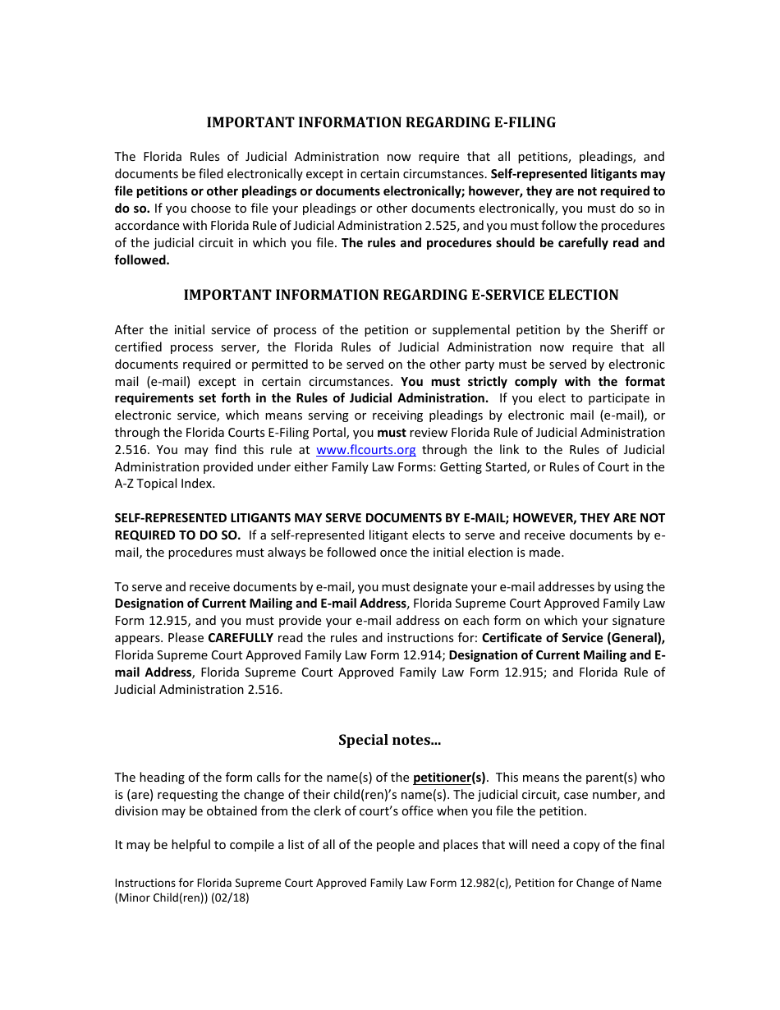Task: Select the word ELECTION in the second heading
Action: [585, 295]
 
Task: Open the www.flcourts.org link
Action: [365, 450]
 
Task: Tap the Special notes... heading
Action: [389, 740]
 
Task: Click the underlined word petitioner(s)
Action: [449, 778]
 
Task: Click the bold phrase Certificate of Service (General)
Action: [573, 638]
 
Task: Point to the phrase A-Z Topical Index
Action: [164, 484]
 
